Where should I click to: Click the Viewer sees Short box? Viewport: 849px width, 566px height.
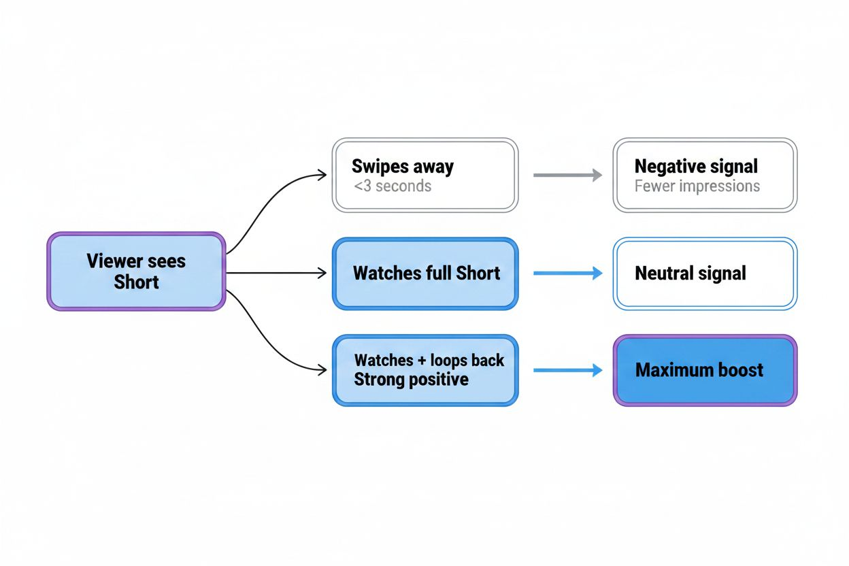point(136,271)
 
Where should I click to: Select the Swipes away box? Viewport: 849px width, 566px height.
point(424,175)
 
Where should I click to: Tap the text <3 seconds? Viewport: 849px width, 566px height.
point(393,186)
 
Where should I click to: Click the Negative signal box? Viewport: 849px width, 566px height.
point(704,175)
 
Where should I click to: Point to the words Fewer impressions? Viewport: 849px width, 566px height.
point(697,186)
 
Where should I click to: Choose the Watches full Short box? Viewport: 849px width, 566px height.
point(424,273)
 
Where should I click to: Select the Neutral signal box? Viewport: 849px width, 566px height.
point(704,273)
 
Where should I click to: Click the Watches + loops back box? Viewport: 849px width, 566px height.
point(424,370)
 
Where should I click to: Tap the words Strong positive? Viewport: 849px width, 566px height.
point(411,380)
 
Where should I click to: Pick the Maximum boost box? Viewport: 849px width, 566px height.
point(704,370)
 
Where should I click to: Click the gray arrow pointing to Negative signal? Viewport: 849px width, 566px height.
point(567,176)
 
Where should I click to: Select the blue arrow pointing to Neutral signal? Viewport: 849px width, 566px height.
point(567,273)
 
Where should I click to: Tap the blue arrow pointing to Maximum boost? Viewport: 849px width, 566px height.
point(567,371)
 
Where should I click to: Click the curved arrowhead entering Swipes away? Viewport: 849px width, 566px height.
point(322,176)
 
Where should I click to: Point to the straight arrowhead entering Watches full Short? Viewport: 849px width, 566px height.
point(322,273)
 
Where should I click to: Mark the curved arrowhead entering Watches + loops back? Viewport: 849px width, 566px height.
point(322,370)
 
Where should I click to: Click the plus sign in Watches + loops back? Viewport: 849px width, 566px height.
point(421,360)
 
